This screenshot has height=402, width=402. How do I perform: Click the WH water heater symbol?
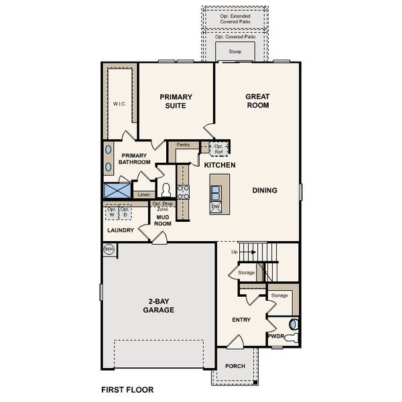[109, 249]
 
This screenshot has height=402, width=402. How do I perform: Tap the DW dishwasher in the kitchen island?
[215, 207]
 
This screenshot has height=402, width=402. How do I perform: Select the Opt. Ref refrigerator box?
[218, 149]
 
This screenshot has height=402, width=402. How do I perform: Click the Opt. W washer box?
[112, 212]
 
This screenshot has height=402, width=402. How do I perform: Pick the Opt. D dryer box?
[125, 212]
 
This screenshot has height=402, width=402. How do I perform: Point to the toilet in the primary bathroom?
[166, 190]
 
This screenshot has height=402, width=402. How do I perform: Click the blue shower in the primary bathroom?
[117, 190]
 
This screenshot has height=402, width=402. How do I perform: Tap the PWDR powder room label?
[276, 336]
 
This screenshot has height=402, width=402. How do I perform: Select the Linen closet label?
[143, 194]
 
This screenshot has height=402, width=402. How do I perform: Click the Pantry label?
[183, 145]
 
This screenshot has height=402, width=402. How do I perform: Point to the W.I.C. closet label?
[119, 104]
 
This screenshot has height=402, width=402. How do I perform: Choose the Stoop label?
[235, 52]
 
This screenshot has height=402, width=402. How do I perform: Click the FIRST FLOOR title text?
[127, 390]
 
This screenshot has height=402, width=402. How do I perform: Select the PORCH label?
[235, 366]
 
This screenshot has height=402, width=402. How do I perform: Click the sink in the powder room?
[293, 324]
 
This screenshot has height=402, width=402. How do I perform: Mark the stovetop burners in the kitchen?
[184, 192]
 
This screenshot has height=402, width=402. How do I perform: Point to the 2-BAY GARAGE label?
[158, 306]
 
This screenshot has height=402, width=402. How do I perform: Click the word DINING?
[265, 190]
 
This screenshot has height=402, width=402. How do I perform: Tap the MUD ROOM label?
[163, 220]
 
